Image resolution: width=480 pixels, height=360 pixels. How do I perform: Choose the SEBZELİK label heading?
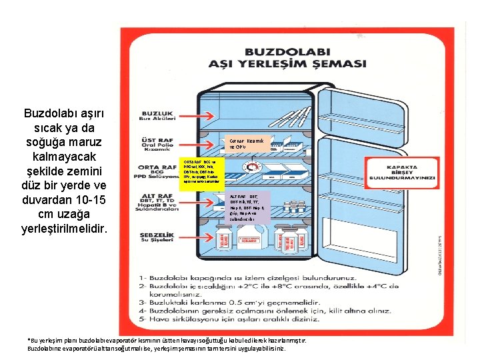click(157, 235)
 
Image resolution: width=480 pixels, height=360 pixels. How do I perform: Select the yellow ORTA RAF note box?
click(203, 172)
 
